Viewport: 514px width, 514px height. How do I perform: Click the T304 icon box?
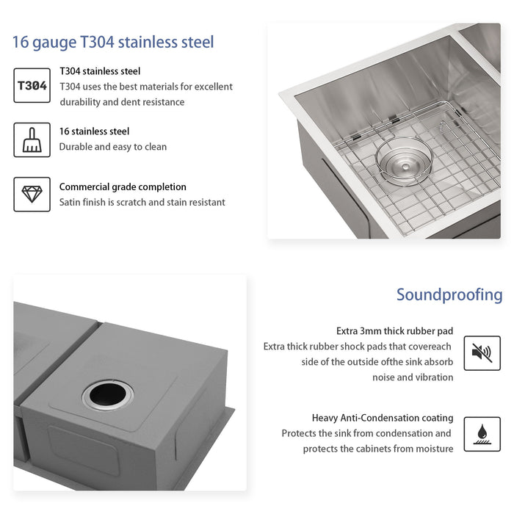tap(32, 85)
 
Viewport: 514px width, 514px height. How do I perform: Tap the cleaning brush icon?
tap(32, 140)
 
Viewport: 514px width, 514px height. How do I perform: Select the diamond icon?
tap(32, 194)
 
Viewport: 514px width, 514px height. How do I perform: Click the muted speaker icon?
tap(482, 353)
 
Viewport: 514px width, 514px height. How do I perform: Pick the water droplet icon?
tap(482, 434)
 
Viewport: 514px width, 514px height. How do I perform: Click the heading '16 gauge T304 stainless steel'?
tap(113, 41)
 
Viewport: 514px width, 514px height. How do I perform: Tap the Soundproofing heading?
tap(449, 295)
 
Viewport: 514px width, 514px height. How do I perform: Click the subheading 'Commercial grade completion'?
tap(123, 187)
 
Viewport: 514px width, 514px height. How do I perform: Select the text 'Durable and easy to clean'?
tap(113, 147)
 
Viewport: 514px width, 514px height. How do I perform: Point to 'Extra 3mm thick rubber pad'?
tap(394, 330)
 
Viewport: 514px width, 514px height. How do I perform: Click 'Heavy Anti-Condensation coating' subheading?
tap(383, 418)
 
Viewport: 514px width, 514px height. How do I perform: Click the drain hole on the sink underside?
tap(107, 395)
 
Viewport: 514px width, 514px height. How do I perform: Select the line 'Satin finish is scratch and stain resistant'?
tap(142, 202)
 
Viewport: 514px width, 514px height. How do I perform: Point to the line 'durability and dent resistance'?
tap(122, 102)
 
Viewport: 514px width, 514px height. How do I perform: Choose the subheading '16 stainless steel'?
tap(94, 131)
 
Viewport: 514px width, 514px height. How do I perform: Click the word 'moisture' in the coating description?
tap(433, 449)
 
